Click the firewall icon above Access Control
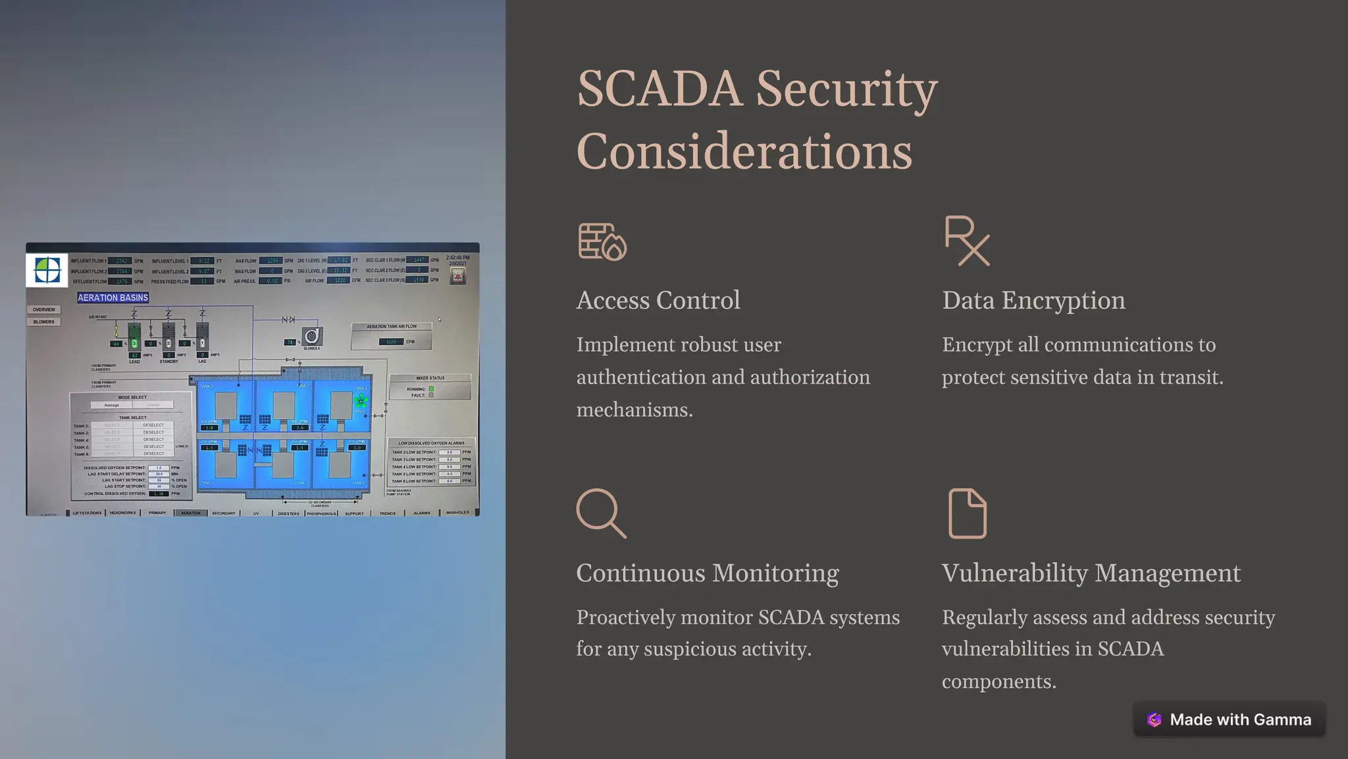tap(602, 241)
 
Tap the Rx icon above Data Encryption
tap(967, 241)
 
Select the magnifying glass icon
tap(601, 513)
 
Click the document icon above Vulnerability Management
tap(967, 513)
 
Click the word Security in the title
tap(846, 89)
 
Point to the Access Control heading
tap(658, 300)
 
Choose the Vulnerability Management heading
tap(1091, 573)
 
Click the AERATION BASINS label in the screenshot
tap(113, 298)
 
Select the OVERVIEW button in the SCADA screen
tap(44, 310)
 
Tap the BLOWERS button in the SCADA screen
tap(44, 322)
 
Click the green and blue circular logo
tap(47, 270)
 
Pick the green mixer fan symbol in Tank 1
tap(361, 401)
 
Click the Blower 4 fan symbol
tap(312, 336)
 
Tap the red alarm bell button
tap(457, 276)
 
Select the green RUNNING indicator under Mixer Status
tap(431, 389)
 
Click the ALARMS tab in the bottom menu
tap(422, 513)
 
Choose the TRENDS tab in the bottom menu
tap(388, 513)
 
